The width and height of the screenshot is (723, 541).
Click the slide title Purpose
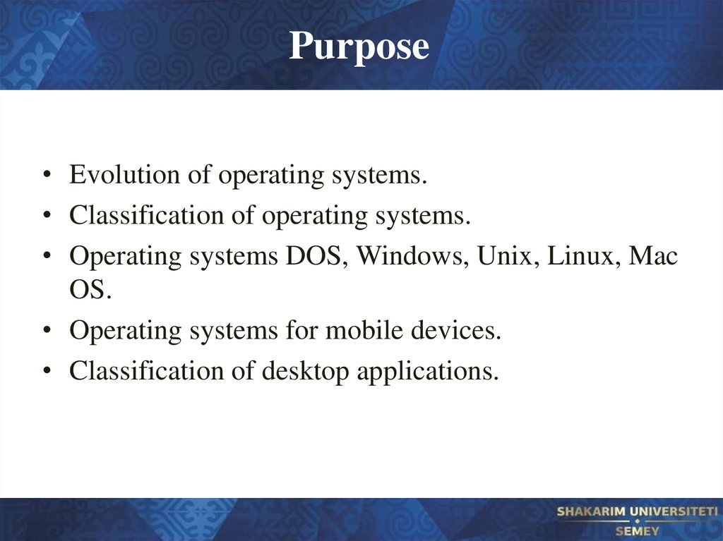(x=359, y=47)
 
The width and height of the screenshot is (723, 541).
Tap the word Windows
(x=412, y=257)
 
